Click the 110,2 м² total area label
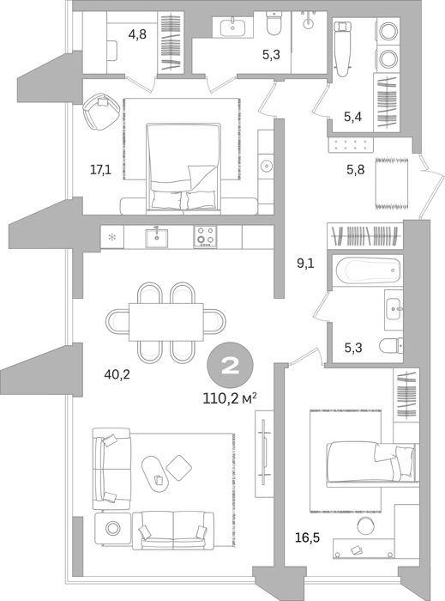click(229, 399)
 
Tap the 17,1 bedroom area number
click(100, 169)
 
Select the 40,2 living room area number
click(117, 374)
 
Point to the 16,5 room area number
click(307, 537)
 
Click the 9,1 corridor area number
click(305, 264)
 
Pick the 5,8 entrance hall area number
click(356, 169)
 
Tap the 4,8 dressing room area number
click(137, 34)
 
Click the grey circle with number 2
click(230, 366)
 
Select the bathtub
click(369, 270)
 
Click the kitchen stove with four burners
click(206, 236)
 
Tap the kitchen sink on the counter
click(157, 238)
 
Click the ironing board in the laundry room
click(342, 47)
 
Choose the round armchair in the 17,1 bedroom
click(101, 111)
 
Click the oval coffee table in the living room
click(155, 474)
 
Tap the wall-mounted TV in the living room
click(264, 452)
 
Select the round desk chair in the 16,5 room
click(366, 525)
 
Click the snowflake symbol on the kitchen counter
click(112, 238)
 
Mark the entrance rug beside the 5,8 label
click(392, 183)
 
